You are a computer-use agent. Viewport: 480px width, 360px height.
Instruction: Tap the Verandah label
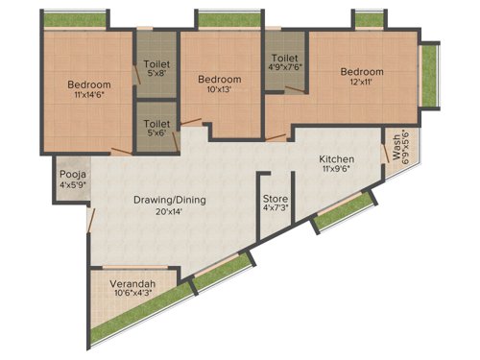click(133, 284)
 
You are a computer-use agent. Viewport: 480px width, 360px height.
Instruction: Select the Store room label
click(276, 201)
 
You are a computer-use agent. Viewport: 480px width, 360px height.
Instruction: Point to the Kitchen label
click(337, 158)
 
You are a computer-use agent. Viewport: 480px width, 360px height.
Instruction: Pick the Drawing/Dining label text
click(169, 201)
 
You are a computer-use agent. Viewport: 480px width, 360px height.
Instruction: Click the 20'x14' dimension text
click(169, 212)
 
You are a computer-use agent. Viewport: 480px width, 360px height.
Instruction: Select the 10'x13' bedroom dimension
click(218, 89)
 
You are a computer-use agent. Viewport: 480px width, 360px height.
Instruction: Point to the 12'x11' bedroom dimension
click(362, 84)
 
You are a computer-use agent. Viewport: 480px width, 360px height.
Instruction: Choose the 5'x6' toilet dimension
click(156, 133)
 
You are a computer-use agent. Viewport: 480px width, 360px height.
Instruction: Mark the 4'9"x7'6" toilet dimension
click(286, 68)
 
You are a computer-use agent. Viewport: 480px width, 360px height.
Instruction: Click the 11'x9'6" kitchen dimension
click(337, 170)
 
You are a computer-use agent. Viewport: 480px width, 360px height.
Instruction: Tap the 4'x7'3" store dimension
click(276, 211)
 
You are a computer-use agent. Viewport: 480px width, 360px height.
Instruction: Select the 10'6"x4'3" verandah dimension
click(133, 295)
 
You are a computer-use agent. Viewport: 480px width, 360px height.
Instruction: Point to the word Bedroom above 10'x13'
click(218, 78)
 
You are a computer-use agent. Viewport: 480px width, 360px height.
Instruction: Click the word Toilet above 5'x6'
click(156, 123)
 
